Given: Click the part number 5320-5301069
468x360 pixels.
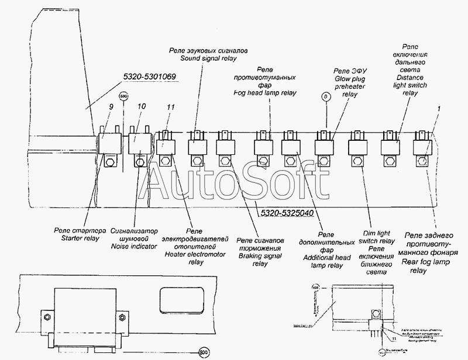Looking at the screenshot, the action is point(150,77).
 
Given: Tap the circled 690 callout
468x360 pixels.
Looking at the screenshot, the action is point(123,97).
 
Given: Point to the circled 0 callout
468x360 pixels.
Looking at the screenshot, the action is point(326,98).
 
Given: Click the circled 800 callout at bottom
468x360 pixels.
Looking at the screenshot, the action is point(204,352).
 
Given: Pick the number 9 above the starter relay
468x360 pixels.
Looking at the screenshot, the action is point(110,107).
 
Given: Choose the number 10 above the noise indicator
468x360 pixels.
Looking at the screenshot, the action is point(140,107).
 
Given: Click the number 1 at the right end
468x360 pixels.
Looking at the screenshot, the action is point(439,109).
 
